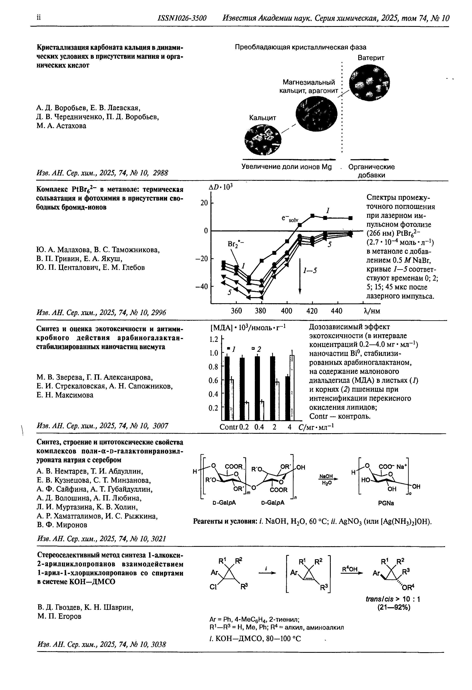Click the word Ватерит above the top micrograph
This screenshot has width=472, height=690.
click(x=371, y=58)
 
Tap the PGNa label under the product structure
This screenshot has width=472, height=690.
click(x=386, y=503)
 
